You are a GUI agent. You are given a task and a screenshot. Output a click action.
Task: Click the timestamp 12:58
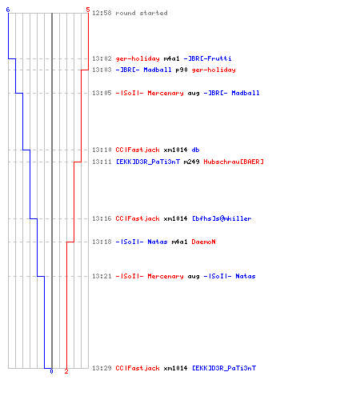102,13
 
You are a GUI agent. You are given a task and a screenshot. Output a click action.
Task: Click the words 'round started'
142,13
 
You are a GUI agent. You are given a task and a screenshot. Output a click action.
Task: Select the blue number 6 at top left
8,10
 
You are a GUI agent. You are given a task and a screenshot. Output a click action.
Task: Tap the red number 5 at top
88,10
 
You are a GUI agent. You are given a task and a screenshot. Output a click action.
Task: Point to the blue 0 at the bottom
51,371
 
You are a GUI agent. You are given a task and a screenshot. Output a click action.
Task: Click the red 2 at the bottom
66,371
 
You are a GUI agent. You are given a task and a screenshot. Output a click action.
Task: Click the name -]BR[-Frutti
207,58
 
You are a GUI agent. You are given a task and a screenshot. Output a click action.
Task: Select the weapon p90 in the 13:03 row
182,70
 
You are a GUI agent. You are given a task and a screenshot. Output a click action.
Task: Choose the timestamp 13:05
102,93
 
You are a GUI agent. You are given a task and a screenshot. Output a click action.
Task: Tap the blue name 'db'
195,150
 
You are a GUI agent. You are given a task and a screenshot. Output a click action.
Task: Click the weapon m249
192,162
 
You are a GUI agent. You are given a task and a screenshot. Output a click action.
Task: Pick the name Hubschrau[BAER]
234,162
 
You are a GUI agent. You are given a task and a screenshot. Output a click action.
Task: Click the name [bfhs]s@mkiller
222,218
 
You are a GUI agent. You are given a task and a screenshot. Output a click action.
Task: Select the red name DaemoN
203,242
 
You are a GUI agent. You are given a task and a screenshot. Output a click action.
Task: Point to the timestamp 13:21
102,276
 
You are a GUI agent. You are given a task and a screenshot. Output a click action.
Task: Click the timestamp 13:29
102,368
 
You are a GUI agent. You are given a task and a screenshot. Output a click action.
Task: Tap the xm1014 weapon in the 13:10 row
175,150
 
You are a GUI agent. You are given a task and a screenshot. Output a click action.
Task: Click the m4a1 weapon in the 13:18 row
179,242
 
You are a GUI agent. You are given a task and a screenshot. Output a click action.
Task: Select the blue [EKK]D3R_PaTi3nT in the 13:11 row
148,162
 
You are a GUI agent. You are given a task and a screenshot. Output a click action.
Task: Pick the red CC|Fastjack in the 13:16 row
138,218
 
